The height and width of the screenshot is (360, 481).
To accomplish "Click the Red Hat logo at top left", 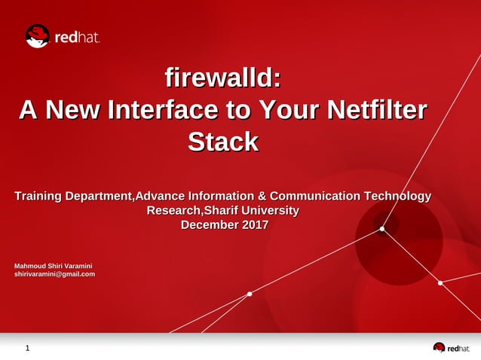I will click(x=63, y=36).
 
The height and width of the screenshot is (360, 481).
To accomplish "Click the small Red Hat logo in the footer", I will click(x=451, y=348).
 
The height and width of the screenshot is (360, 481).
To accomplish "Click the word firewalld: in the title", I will click(x=223, y=78).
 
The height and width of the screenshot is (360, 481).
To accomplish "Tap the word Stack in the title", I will click(x=223, y=142).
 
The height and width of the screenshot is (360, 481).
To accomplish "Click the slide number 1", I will click(x=28, y=349).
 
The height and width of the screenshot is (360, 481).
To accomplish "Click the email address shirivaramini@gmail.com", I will click(x=55, y=274).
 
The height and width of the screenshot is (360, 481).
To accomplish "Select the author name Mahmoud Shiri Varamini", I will click(x=54, y=265).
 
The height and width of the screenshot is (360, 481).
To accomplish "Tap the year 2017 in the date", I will click(x=254, y=225).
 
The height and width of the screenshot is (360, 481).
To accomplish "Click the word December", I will click(x=210, y=225).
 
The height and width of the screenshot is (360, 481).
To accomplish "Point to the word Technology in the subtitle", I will click(x=397, y=197).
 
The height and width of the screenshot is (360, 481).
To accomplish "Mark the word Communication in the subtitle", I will click(x=315, y=197).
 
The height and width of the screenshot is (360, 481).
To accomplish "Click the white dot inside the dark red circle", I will click(x=382, y=229).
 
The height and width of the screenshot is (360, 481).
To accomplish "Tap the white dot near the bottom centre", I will click(x=250, y=294).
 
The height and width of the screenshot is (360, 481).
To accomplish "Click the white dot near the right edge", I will click(x=440, y=283).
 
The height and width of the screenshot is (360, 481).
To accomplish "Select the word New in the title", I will click(x=74, y=110).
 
